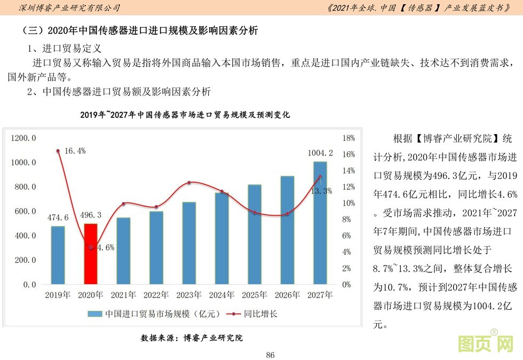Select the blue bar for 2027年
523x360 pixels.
click(x=320, y=223)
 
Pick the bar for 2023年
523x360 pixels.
click(x=189, y=243)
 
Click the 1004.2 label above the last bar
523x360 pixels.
click(x=320, y=153)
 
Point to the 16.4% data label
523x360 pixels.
click(x=75, y=151)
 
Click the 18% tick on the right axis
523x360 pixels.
click(x=348, y=138)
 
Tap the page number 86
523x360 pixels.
click(x=270, y=355)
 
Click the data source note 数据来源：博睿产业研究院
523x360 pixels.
click(x=192, y=338)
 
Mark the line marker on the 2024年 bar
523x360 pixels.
click(x=222, y=191)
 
